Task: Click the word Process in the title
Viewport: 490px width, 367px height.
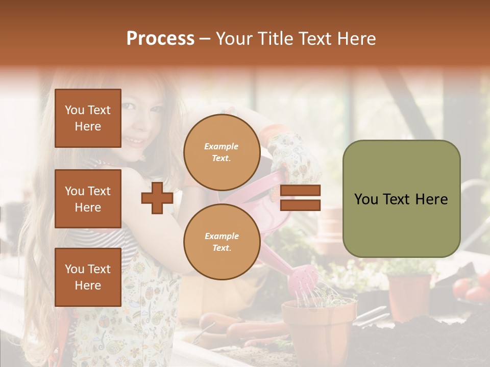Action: [160, 39]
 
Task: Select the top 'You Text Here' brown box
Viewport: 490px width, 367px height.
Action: [88, 118]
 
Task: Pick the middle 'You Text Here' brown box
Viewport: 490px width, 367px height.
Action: [88, 199]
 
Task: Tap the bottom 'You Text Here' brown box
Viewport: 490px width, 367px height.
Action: [88, 277]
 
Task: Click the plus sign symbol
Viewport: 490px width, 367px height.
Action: [157, 198]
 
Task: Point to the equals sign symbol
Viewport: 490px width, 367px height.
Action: [301, 198]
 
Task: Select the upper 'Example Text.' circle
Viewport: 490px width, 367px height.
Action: [222, 152]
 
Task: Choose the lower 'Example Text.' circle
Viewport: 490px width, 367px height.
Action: [222, 242]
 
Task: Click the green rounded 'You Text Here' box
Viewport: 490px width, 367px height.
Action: [401, 199]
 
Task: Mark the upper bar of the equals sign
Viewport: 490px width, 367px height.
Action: [301, 191]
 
